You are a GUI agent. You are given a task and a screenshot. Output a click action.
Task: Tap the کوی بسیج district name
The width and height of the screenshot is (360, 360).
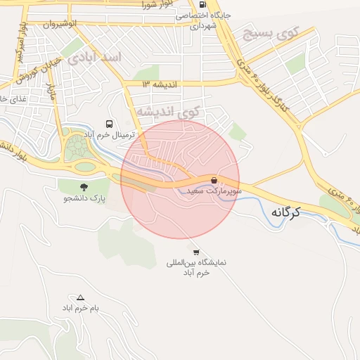coord(270,33)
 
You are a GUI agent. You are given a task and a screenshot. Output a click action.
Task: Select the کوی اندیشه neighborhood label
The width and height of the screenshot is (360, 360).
coord(167,112)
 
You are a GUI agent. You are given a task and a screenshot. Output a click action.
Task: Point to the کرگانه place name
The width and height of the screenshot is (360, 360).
coord(284,212)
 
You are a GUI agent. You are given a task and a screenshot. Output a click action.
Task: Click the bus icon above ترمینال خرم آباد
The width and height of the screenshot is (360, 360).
coord(108,123)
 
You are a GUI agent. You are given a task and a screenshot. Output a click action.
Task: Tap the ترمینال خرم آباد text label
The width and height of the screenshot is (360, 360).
coord(108,134)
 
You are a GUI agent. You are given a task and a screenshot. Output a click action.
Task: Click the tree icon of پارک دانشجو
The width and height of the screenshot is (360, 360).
coord(84,187)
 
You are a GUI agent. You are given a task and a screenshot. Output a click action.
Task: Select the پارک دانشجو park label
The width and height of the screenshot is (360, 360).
coord(84,199)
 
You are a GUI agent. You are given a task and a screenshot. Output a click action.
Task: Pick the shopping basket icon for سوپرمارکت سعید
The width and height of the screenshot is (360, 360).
coord(214,180)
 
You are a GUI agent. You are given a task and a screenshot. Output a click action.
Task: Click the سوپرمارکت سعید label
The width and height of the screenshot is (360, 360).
coord(214,191)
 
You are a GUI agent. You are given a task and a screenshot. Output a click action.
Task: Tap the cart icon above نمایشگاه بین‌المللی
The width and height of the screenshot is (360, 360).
coord(195,252)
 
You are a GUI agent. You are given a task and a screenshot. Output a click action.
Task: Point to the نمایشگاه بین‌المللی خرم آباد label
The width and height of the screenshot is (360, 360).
coord(188,268)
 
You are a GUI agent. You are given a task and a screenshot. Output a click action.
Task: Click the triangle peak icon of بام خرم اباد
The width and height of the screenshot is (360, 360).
coord(80,297)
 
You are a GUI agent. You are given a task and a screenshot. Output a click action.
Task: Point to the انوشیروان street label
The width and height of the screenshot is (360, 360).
coord(59,24)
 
